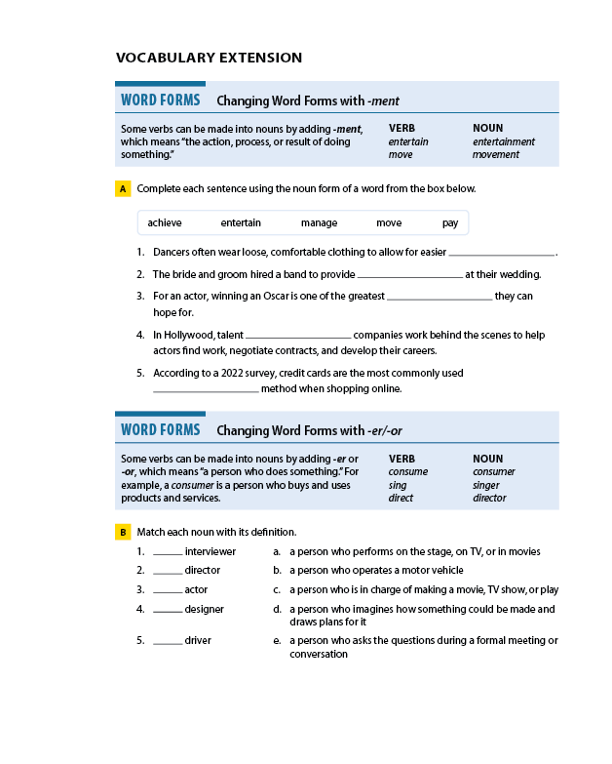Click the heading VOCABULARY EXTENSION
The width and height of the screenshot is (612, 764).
coord(209,58)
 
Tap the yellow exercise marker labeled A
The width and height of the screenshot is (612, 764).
coord(123,188)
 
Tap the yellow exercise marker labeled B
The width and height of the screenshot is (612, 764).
coord(123,532)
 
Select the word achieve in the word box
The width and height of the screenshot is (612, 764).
coord(165,223)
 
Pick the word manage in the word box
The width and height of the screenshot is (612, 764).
coord(319,223)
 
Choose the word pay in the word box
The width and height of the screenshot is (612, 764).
coord(450,223)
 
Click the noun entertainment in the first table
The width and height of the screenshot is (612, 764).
coord(504,141)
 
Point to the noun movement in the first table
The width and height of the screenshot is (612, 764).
coord(496,154)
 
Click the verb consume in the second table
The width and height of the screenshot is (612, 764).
coord(407,472)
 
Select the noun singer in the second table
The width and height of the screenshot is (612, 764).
coord(486,485)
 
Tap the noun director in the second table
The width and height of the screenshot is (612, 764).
coord(489,498)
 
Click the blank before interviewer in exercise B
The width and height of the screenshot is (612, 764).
coord(168,553)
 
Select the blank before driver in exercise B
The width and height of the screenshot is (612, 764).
coord(168,642)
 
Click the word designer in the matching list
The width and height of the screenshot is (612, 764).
coord(204,609)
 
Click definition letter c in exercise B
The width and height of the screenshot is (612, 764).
coord(277,589)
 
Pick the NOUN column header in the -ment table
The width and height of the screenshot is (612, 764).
coord(487,128)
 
